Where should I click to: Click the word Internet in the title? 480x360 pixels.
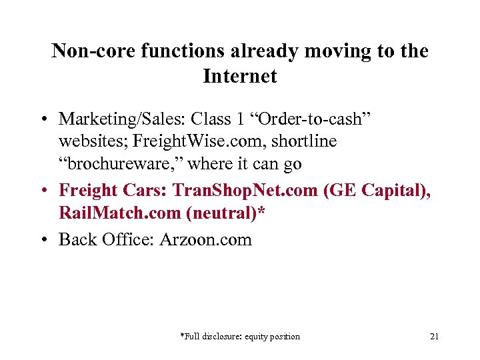[x=240, y=76]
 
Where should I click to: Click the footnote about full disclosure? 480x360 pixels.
[x=240, y=337]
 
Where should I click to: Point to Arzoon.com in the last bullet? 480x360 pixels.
[x=206, y=239]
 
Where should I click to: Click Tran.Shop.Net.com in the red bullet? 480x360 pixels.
[x=245, y=191]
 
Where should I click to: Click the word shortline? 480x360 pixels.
[x=305, y=141]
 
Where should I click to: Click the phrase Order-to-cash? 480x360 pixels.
[x=319, y=119]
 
